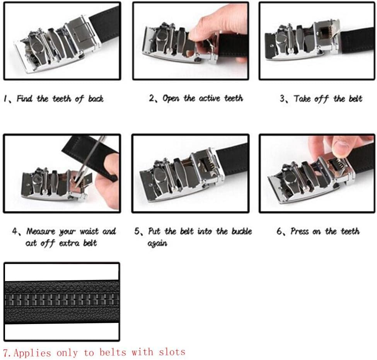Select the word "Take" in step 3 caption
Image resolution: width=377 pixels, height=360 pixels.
click(302, 99)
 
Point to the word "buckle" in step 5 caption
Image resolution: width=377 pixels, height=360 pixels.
click(242, 231)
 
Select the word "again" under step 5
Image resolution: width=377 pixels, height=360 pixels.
click(157, 244)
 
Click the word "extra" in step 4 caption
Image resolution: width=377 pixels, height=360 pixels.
click(71, 243)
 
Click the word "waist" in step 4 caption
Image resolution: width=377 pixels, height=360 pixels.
click(90, 232)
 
